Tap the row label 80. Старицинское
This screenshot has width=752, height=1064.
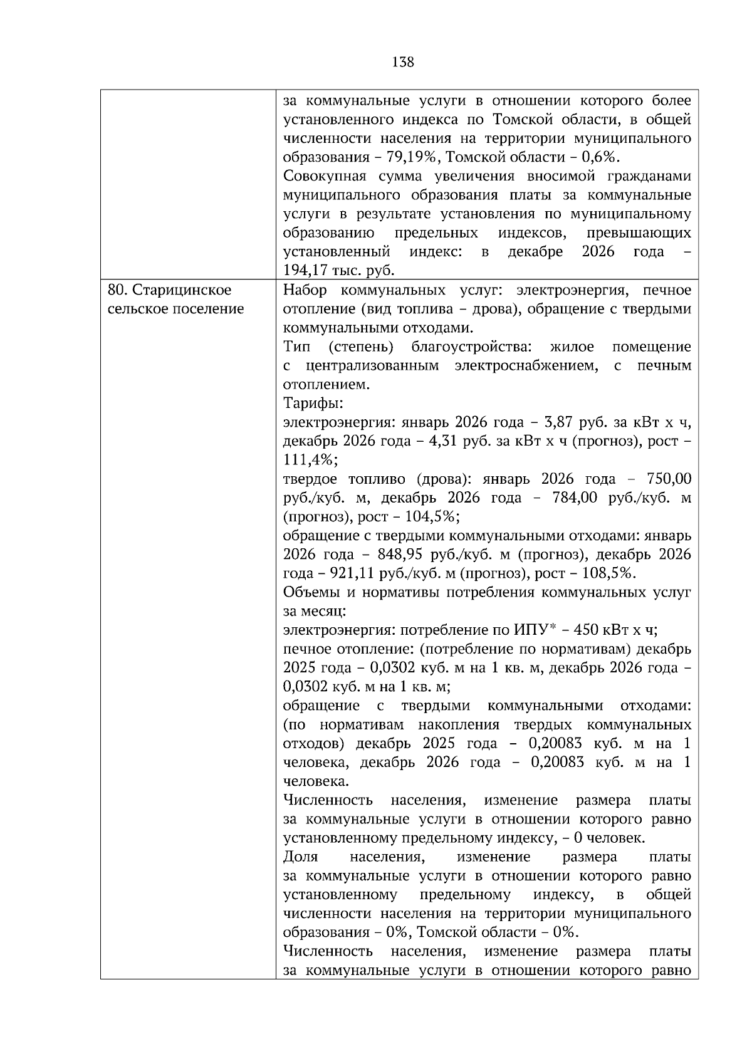point(169,290)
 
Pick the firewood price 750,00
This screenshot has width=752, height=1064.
point(668,479)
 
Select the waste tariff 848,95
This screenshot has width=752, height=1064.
point(399,555)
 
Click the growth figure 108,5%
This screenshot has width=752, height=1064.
point(609,573)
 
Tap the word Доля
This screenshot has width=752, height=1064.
point(300,857)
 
